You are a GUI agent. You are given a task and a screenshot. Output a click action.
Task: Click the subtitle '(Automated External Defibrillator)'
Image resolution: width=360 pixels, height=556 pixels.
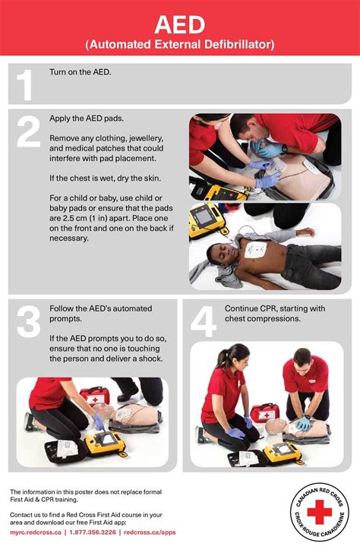pos(179,45)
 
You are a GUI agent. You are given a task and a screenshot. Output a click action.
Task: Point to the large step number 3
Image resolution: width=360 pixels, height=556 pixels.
pos(27,322)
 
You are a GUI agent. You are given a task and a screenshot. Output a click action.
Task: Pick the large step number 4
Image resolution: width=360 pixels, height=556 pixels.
pos(203,322)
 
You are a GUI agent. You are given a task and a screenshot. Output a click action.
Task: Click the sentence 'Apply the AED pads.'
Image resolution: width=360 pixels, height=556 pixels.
pos(87,119)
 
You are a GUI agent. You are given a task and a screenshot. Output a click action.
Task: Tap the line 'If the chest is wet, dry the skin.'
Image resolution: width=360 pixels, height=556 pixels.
pos(105,178)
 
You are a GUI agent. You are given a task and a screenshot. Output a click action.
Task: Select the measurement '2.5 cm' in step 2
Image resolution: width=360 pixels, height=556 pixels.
pos(71,216)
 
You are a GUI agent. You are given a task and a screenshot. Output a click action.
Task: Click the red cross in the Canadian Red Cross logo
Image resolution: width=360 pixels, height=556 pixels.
pos(319,513)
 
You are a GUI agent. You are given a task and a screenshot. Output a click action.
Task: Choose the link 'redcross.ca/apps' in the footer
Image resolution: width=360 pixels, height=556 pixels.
pos(150,532)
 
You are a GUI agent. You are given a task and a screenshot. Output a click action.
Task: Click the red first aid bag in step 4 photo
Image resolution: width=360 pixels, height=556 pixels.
pos(264,412)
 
